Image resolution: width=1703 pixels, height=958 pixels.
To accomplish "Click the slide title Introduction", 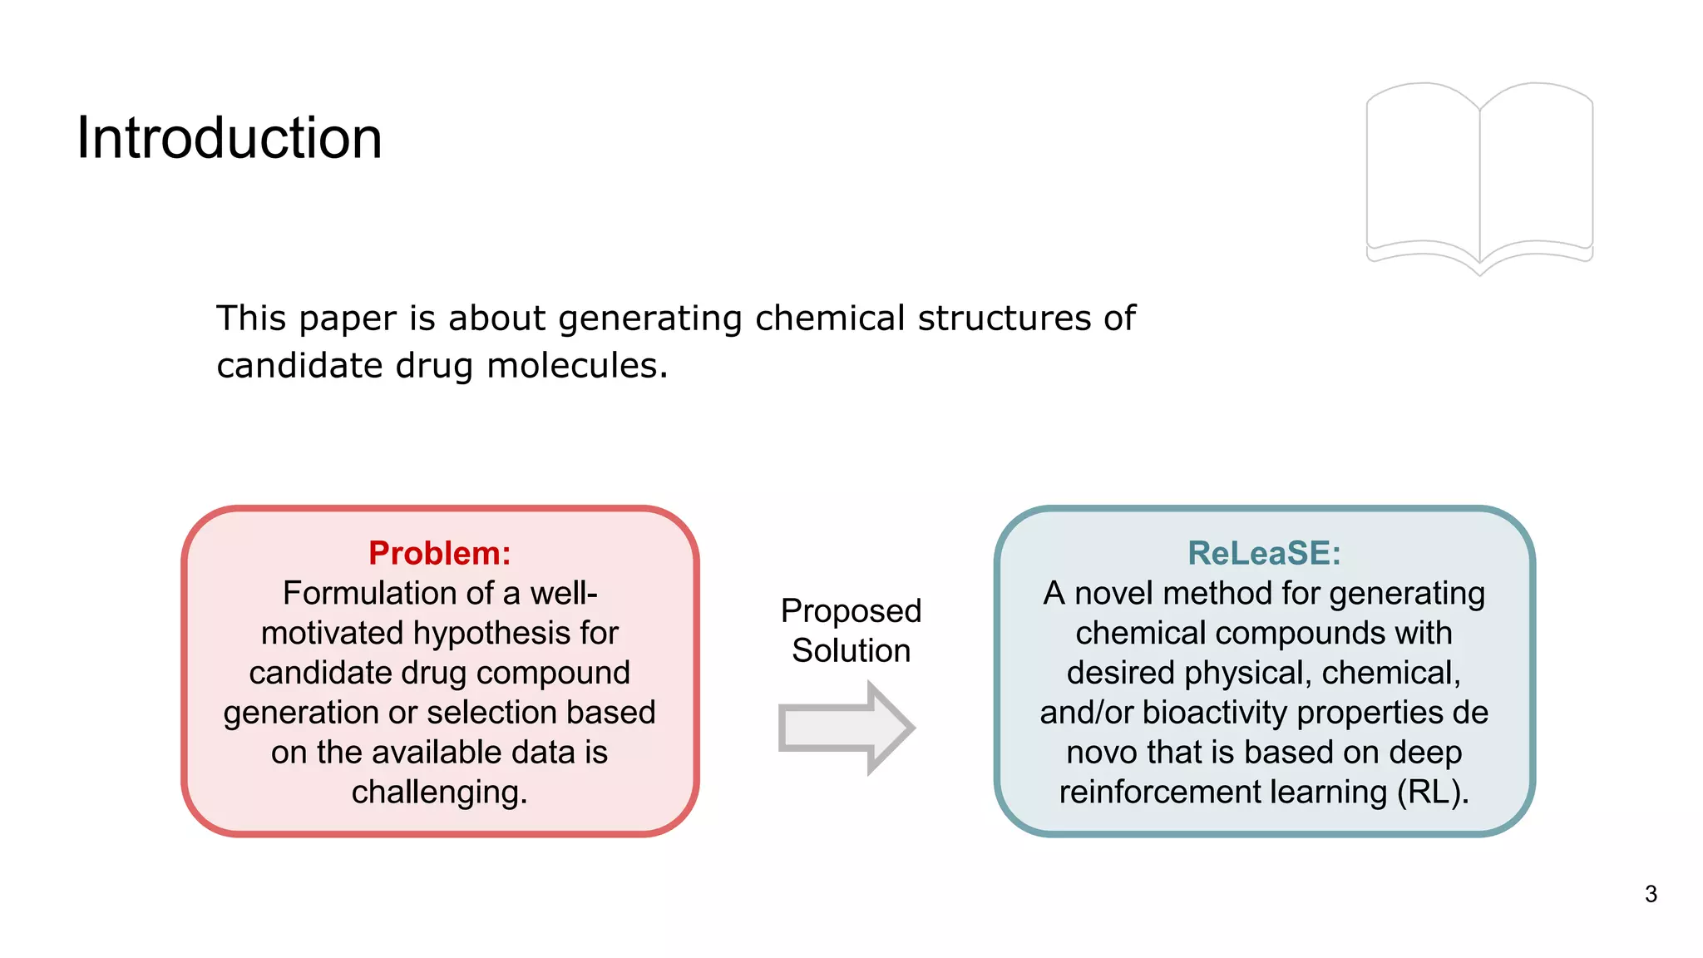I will point(230,138).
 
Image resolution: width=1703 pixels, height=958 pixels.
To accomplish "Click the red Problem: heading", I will point(439,553).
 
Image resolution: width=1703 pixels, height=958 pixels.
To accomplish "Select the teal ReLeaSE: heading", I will point(1264,553).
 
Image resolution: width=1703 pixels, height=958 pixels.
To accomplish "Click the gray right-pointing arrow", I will point(847,728).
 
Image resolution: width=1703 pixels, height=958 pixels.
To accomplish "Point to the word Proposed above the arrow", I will point(851,611).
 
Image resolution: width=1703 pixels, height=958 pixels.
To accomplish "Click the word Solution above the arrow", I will point(851,650).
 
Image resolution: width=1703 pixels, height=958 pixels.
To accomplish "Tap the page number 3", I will point(1651,894).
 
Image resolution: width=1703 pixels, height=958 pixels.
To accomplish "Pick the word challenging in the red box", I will point(438,793).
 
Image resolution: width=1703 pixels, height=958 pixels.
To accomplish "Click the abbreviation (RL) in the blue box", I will point(1432,793).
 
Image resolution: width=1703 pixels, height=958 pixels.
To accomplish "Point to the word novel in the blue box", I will point(1114,593).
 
